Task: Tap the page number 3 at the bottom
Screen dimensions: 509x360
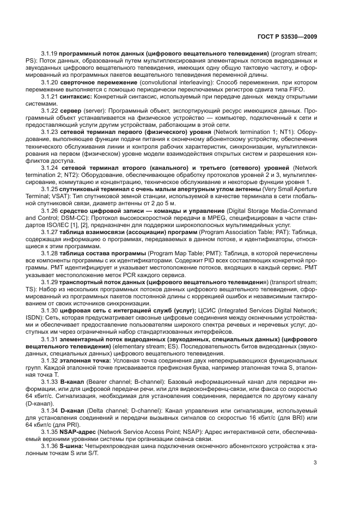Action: click(315, 463)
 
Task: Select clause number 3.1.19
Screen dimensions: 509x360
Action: click(50, 54)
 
